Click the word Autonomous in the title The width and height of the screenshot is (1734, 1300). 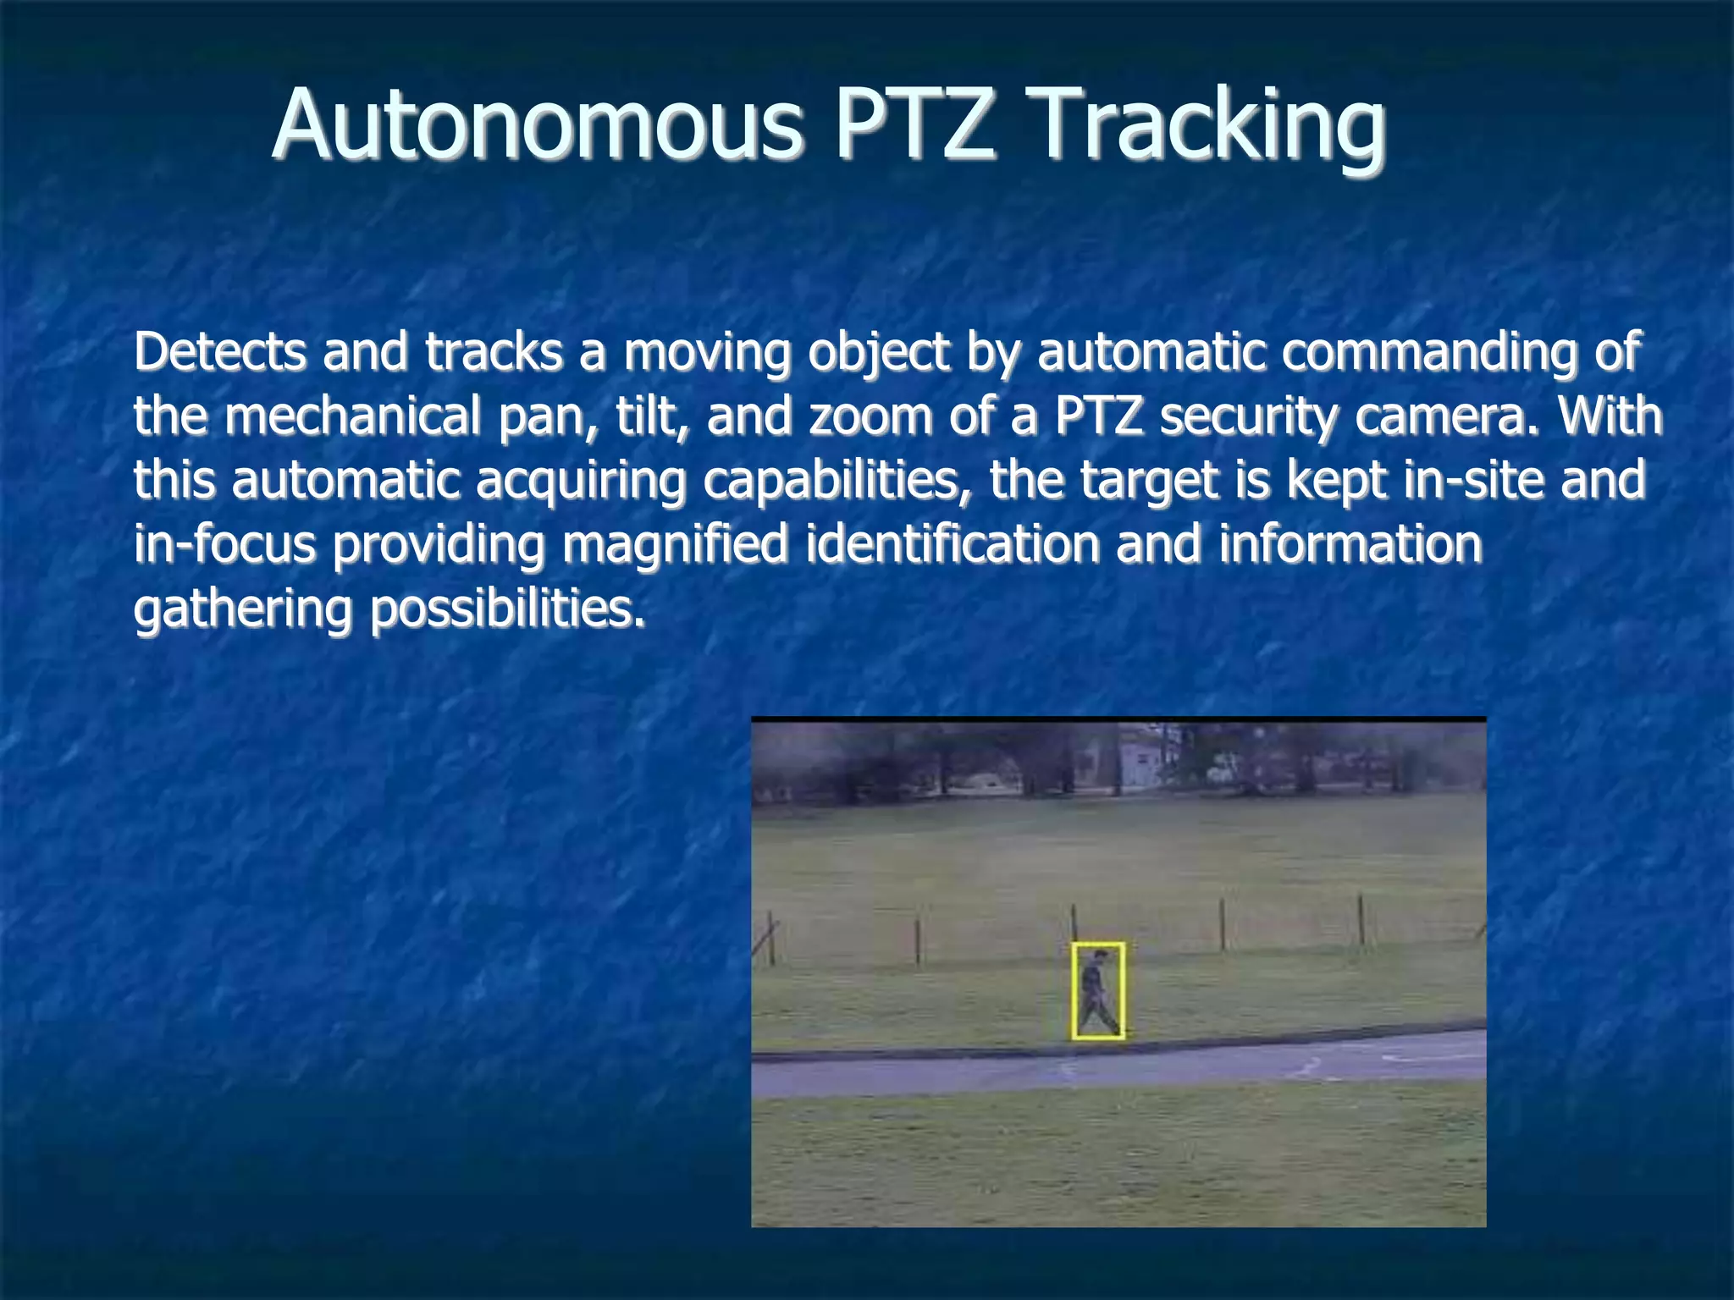[536, 125]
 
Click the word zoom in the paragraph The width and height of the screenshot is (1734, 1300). [870, 417]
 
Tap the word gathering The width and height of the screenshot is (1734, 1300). [243, 609]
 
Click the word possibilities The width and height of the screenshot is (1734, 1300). [507, 609]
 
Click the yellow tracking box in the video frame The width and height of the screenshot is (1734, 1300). [1098, 990]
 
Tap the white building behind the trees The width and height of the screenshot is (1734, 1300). [1142, 758]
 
